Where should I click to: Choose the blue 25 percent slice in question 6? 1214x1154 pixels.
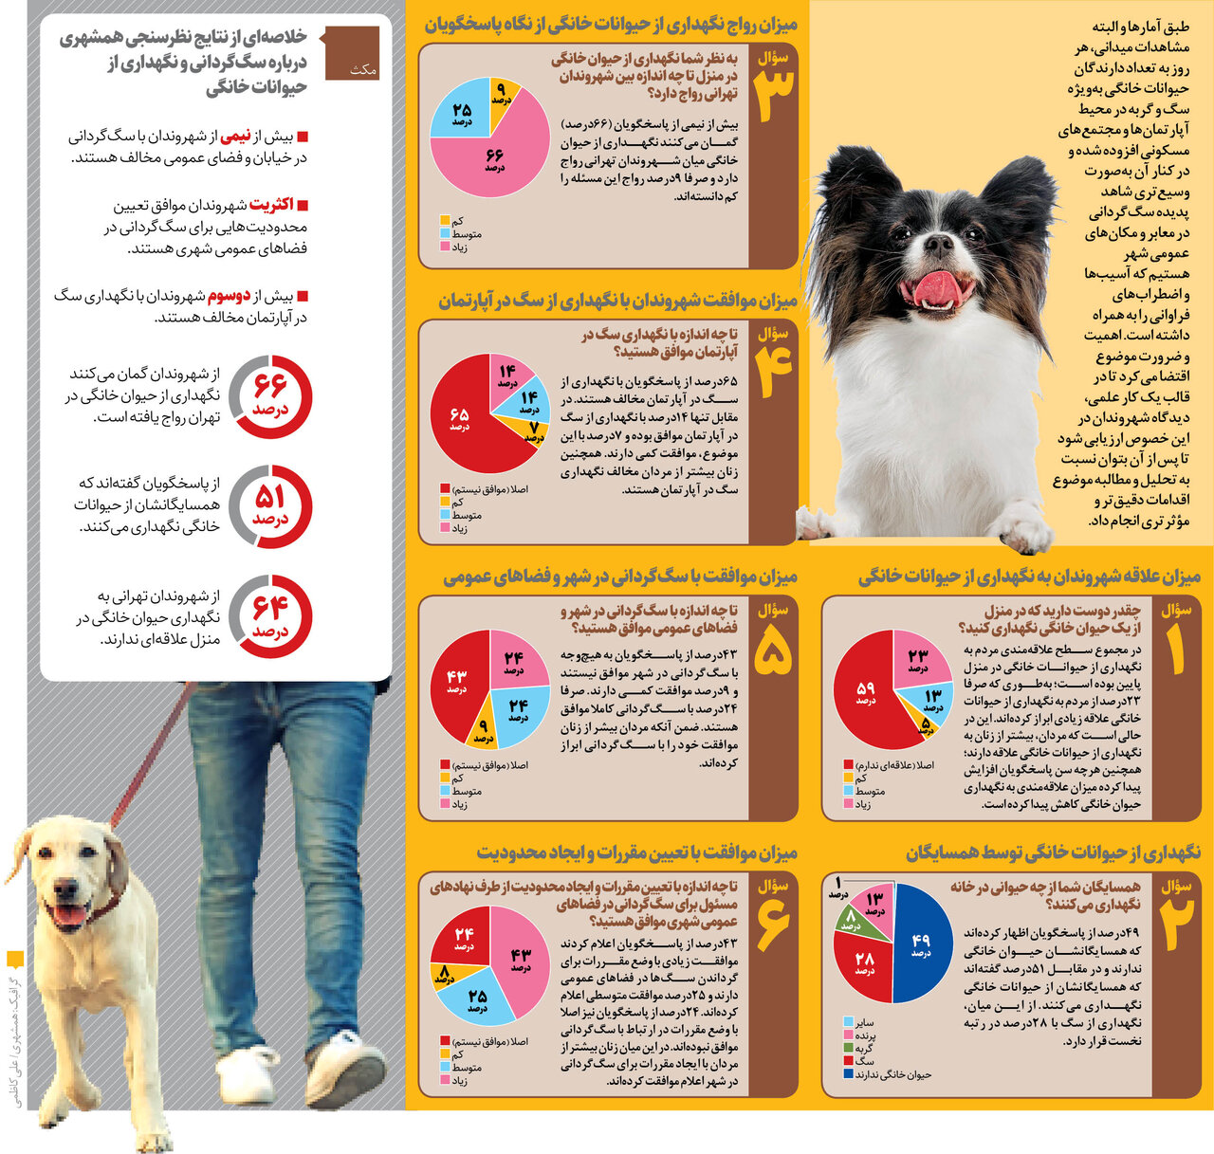pos(479,1000)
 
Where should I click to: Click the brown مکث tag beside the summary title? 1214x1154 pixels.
pos(352,53)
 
